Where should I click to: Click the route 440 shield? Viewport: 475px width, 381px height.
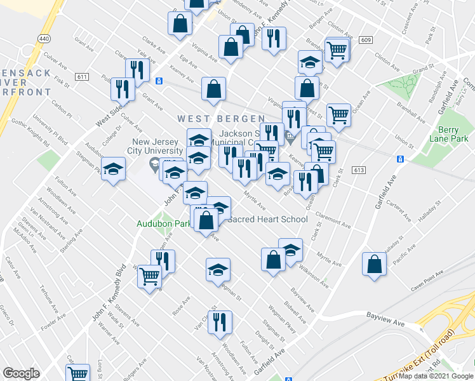coord(43,39)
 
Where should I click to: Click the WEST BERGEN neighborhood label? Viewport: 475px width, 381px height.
coord(221,119)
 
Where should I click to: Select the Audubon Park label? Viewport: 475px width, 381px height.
coord(163,224)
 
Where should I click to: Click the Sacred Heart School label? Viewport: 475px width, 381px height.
coord(267,220)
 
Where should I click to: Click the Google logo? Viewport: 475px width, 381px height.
coord(22,373)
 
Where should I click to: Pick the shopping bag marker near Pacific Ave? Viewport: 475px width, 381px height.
coord(374,264)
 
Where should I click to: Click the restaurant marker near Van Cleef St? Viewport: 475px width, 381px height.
coord(220,323)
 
